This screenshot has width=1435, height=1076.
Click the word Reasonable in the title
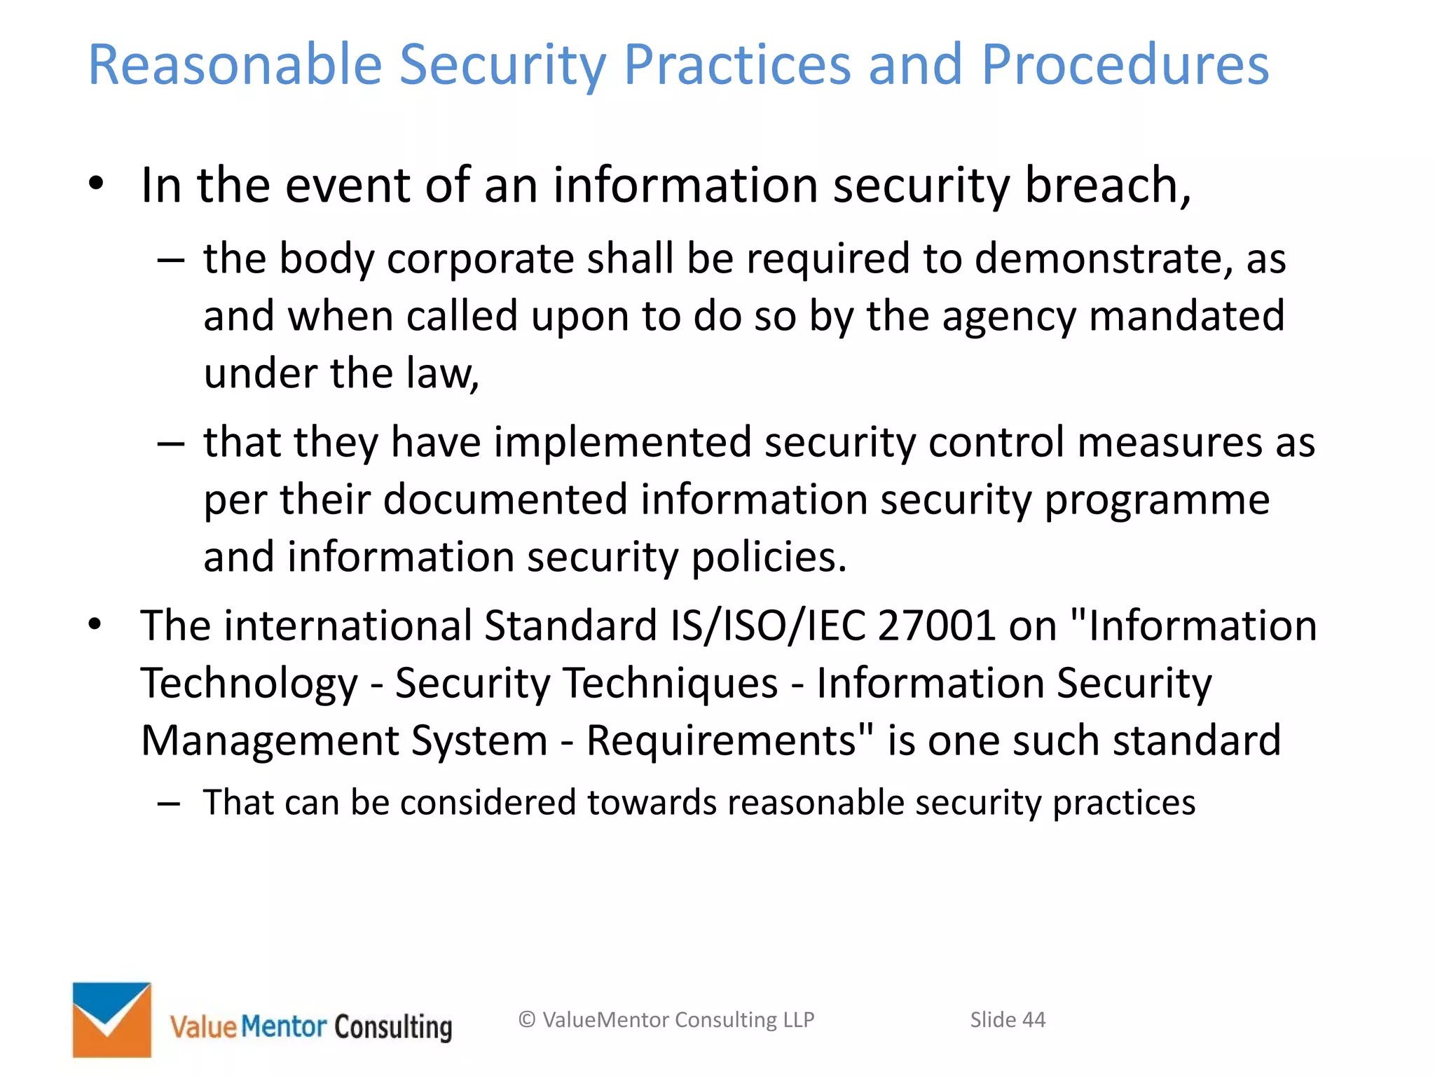(x=235, y=64)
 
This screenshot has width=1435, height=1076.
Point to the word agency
(x=1008, y=317)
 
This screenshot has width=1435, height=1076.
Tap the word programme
(x=1157, y=502)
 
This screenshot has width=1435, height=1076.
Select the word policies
(x=769, y=558)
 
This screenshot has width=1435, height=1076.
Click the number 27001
(x=936, y=626)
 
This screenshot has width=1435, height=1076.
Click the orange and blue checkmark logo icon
(x=112, y=1019)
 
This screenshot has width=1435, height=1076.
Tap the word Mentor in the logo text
(x=284, y=1027)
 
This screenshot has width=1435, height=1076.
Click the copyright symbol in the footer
(x=527, y=1020)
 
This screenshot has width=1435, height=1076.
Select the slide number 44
(x=1034, y=1020)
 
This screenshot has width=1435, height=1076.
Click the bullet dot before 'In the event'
(x=96, y=184)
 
